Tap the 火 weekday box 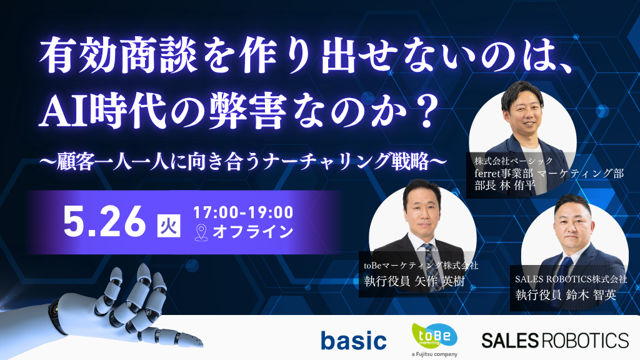[169, 226]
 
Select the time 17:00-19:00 [243, 212]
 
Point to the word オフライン [253, 232]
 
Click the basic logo [354, 341]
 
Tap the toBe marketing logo [434, 336]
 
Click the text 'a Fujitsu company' [434, 354]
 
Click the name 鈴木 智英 [591, 295]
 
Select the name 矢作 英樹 [439, 281]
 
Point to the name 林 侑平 [517, 186]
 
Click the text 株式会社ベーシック [514, 161]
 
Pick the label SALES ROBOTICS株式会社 [571, 279]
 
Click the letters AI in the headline [64, 112]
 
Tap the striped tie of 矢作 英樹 [429, 264]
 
